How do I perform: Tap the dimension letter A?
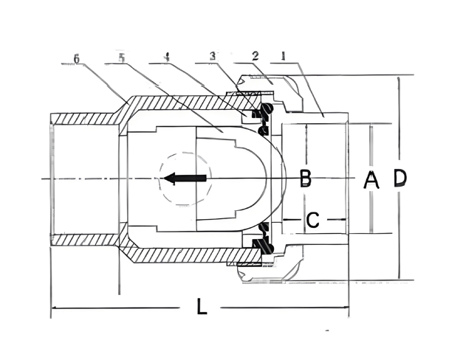[x=371, y=179]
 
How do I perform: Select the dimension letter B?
[x=305, y=178]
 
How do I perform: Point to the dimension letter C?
[x=312, y=219]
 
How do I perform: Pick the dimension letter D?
[x=400, y=178]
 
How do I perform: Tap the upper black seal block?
[x=258, y=113]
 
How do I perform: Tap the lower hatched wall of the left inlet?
[x=81, y=239]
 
